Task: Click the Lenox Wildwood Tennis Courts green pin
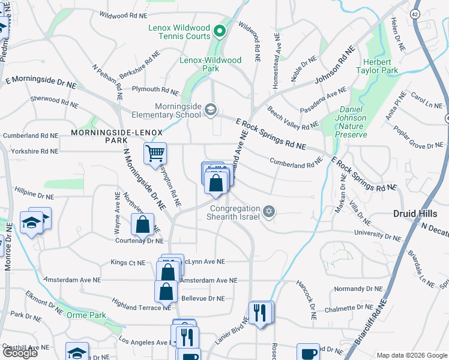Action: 220,31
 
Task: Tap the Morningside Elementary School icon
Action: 210,109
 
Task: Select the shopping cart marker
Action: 155,154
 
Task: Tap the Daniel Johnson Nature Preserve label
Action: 344,122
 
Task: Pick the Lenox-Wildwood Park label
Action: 211,64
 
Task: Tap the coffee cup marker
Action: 309,353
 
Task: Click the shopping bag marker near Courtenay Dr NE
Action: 143,226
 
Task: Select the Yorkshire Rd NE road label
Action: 34,152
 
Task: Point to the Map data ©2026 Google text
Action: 411,355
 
